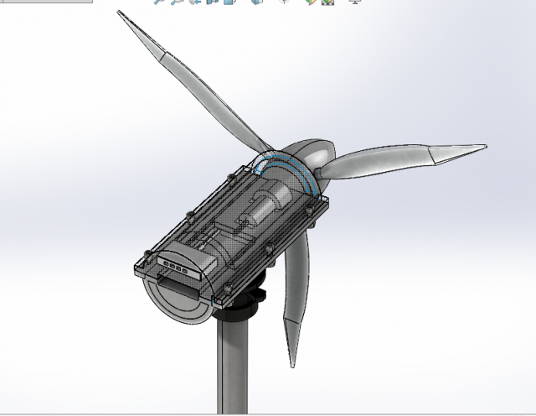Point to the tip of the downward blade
293,366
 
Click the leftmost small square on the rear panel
164,262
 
